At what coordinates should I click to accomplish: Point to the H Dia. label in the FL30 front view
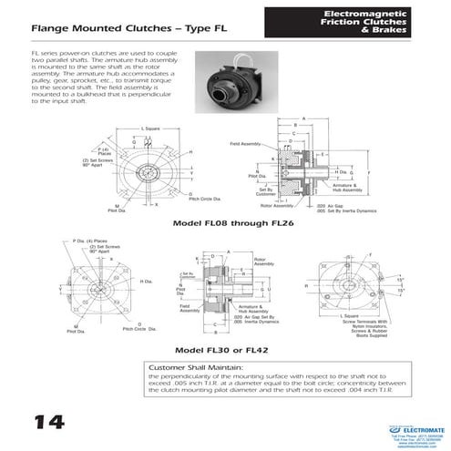click(x=148, y=281)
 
